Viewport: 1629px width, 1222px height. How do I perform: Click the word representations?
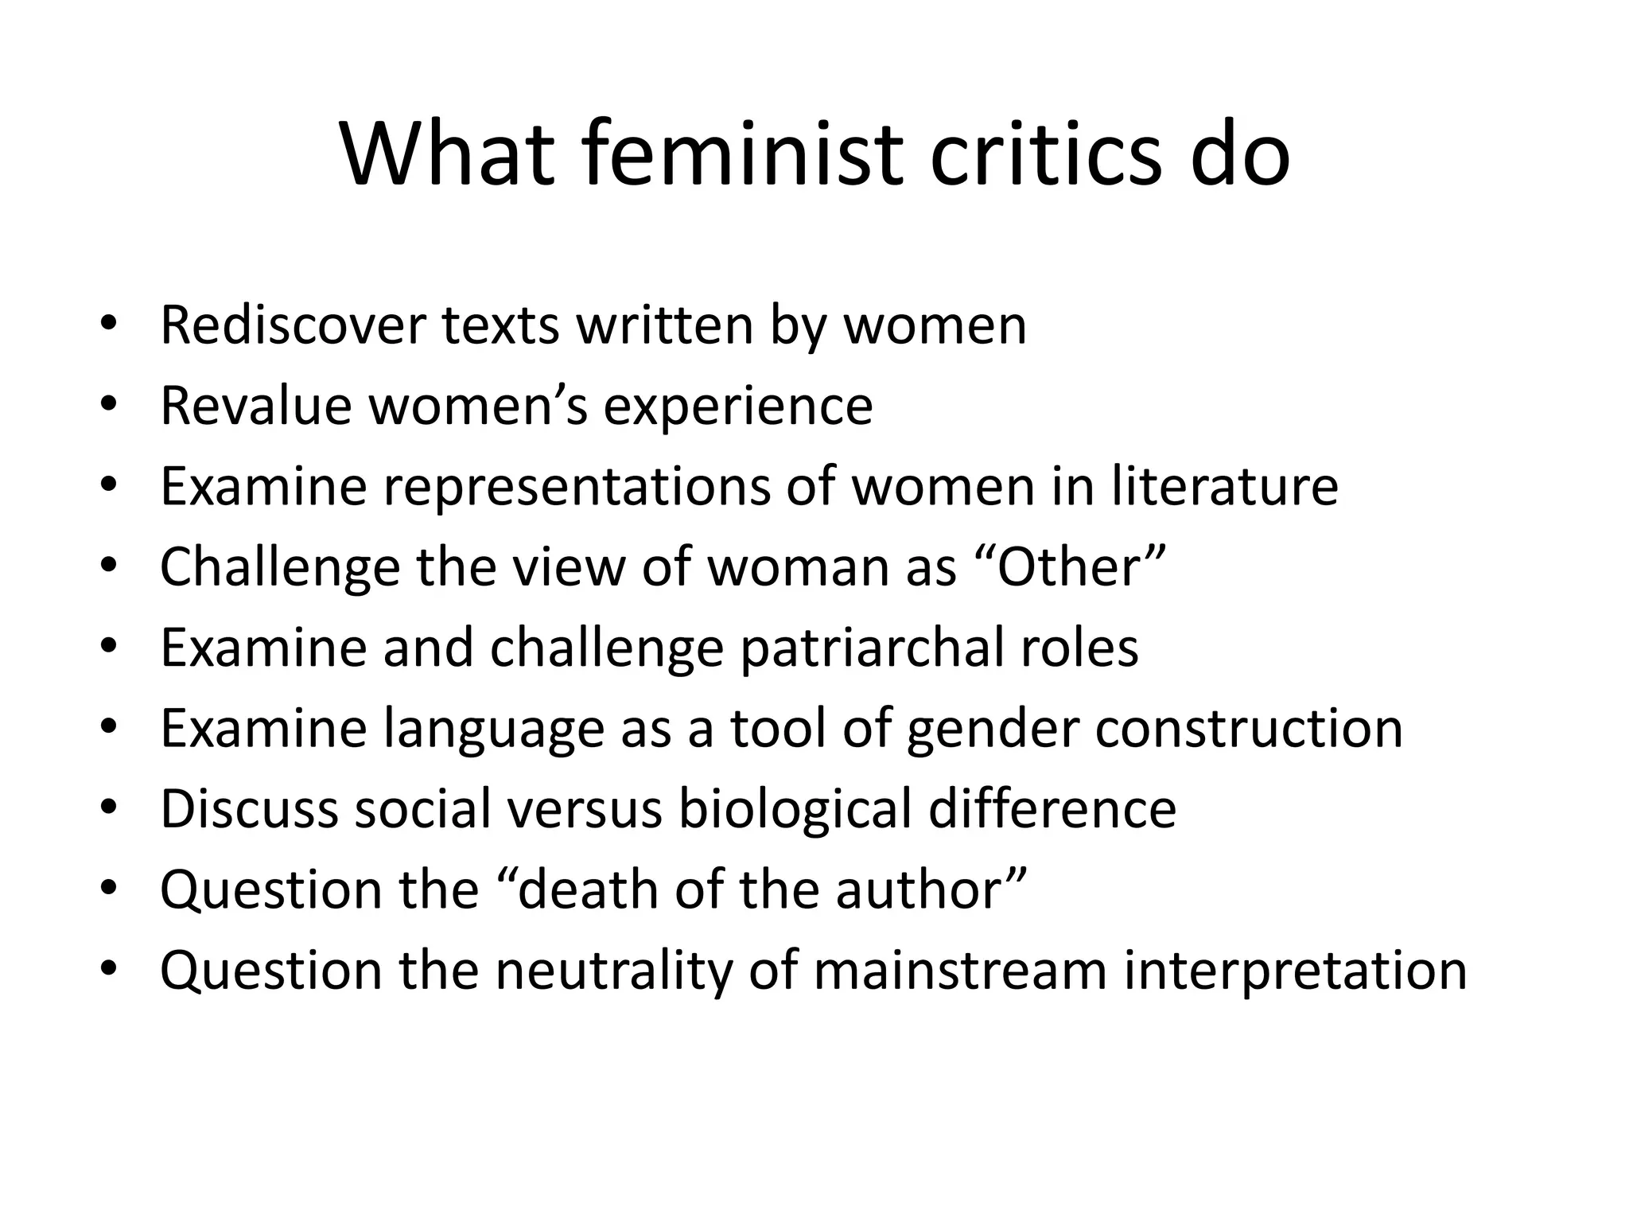[x=577, y=487]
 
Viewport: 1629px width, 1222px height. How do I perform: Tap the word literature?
[x=1224, y=486]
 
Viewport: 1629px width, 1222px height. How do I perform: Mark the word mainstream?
[x=959, y=971]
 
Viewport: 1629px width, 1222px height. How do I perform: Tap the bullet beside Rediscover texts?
[x=109, y=325]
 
